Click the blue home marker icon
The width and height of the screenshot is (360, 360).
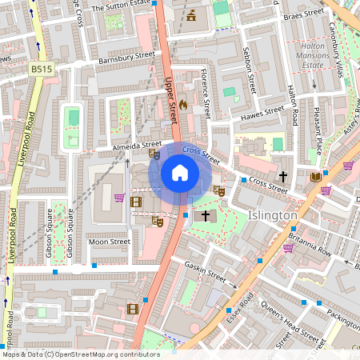(180, 173)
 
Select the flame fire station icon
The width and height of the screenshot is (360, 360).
(182, 105)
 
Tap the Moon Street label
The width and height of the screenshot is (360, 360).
(109, 241)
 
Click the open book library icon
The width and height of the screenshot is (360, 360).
(315, 176)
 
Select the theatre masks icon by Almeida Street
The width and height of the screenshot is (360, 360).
(154, 153)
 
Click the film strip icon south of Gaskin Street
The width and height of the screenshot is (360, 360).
(132, 308)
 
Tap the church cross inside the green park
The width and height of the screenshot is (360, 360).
(206, 216)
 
